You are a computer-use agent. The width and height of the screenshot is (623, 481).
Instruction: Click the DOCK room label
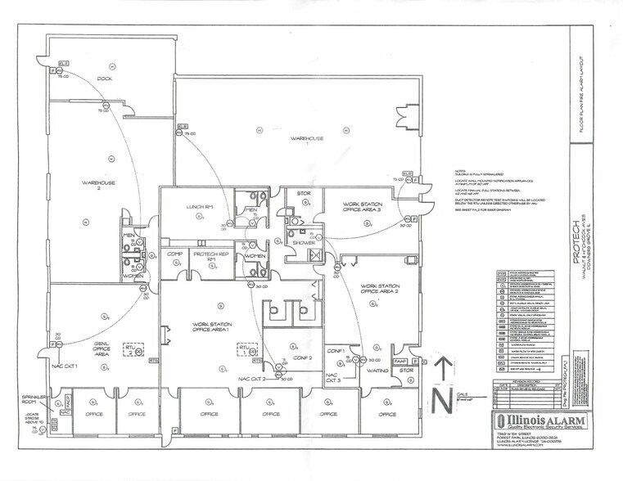(104, 79)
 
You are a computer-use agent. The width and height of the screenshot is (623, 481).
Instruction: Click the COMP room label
(174, 254)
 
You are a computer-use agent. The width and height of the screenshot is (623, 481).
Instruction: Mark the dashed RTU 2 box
(243, 348)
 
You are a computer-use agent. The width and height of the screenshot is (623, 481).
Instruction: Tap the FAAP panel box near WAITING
(401, 361)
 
